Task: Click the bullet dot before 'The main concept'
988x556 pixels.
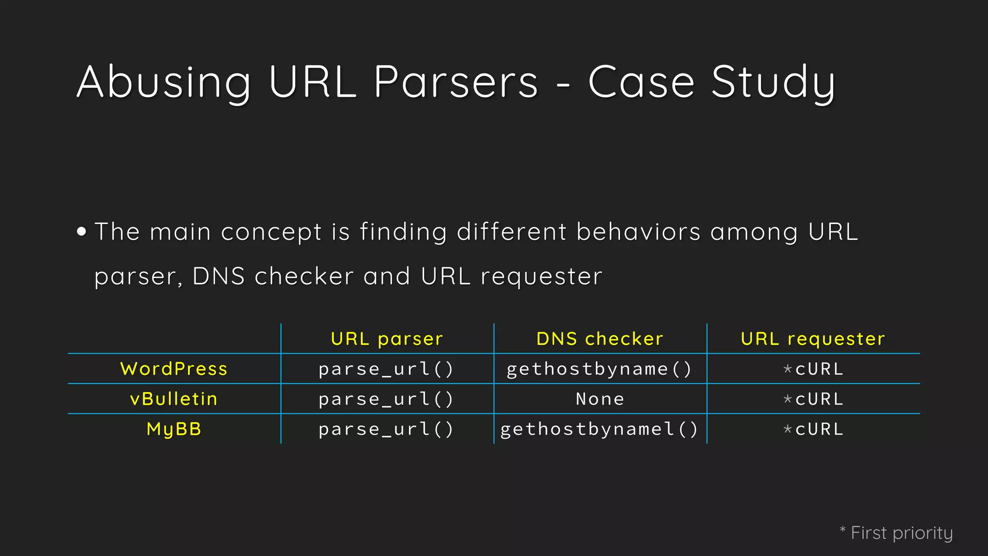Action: point(82,232)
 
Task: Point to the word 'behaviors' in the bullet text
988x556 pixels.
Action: point(638,232)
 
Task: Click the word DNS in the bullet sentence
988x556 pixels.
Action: point(219,277)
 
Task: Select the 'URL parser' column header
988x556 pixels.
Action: point(387,339)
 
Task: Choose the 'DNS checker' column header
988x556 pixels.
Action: point(600,339)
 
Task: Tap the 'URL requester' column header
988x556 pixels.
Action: point(813,339)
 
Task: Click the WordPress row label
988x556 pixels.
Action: point(174,369)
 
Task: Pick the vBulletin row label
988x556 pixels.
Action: point(174,399)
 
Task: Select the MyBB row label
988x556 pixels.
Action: point(174,429)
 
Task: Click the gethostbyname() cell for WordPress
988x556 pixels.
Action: point(600,369)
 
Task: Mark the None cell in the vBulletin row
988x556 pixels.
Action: point(600,399)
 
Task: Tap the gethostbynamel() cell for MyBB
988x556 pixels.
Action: point(600,429)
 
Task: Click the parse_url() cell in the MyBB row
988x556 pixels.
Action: point(386,429)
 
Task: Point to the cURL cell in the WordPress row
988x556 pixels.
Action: point(819,369)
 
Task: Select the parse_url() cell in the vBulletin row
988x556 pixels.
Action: point(386,399)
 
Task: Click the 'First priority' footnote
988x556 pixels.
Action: point(901,533)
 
